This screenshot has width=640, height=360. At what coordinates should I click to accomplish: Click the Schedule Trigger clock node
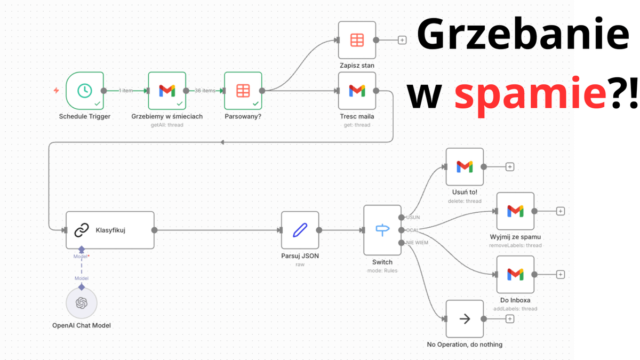pos(84,91)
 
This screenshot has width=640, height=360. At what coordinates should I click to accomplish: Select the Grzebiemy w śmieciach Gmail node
pos(167,91)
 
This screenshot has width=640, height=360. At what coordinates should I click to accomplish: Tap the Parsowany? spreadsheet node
pos(243,91)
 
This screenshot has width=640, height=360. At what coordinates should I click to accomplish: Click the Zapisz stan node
pos(357,40)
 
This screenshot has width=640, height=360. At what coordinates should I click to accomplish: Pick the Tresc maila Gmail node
pos(357,91)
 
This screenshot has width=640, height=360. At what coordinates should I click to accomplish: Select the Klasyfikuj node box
pos(110,230)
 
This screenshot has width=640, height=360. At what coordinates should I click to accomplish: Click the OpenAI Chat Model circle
pos(82,303)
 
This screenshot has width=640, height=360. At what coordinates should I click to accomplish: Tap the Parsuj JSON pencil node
pos(300,230)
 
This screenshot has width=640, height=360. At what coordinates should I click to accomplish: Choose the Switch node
pos(382,230)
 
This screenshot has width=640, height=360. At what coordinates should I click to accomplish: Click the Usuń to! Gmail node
pos(465,167)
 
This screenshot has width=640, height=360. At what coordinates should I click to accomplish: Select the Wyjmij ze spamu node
pos(515,211)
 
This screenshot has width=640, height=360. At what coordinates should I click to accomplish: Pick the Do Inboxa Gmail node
pos(515,274)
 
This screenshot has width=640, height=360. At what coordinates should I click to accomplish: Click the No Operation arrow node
pos(465,319)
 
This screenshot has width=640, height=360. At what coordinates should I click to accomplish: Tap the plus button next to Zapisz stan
pos(402,40)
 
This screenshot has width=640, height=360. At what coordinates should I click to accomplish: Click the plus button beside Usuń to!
pos(510,167)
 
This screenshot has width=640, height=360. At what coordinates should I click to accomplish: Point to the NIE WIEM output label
pos(417,243)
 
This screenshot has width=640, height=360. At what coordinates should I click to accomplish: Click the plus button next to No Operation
pos(510,319)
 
